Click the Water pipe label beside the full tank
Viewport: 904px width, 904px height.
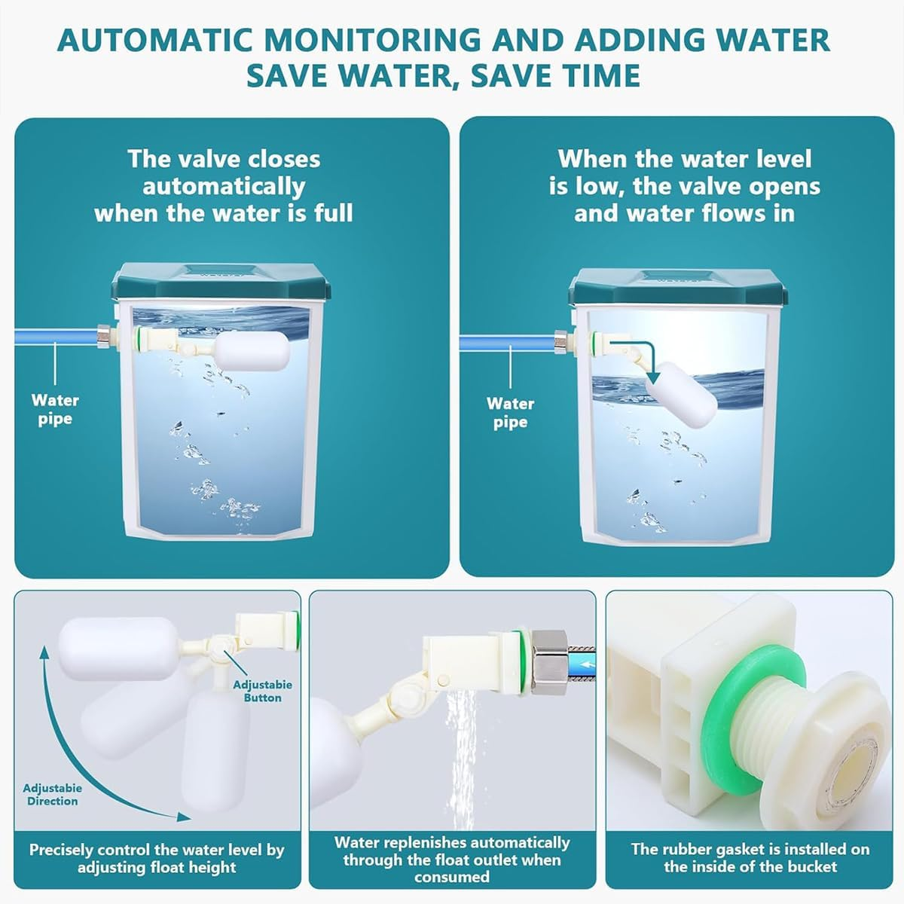(x=55, y=410)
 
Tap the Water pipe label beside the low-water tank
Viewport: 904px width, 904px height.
(x=510, y=413)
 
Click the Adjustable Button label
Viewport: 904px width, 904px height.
(x=262, y=691)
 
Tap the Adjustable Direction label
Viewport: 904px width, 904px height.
(x=52, y=794)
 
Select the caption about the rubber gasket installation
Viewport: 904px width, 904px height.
(x=750, y=857)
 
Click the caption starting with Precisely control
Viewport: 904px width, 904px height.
(x=157, y=859)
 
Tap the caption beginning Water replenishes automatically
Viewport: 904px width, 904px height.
(x=452, y=859)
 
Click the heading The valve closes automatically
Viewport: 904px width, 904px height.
(x=224, y=186)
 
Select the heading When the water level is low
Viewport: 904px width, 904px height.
(x=684, y=186)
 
